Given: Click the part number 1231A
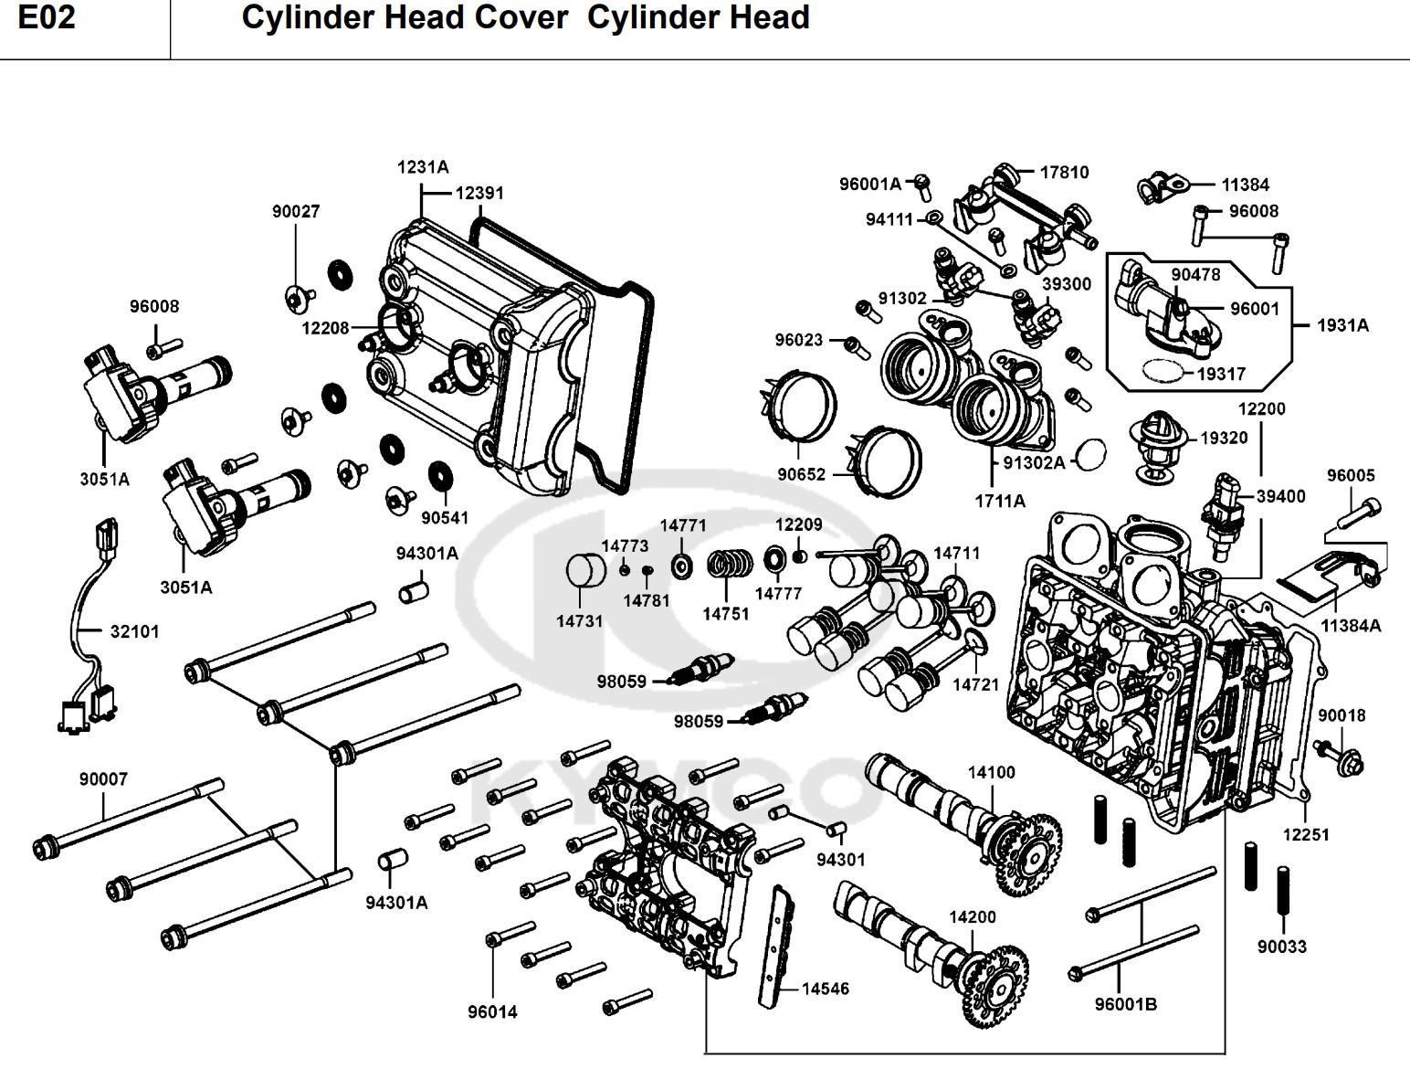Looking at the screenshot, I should (423, 167).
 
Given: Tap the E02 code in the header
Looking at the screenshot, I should (47, 18).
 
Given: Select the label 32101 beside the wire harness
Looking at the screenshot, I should (134, 631).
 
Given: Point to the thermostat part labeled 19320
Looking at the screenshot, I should (1153, 448).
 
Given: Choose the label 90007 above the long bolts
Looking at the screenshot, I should (103, 779).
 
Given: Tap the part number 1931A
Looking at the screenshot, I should (1342, 325).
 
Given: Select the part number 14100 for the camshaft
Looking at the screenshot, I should (991, 773).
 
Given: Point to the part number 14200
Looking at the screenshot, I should (973, 916).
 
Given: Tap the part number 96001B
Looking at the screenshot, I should (1126, 1004).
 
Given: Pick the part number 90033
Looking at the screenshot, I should (1281, 947).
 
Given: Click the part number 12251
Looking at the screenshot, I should (1306, 834).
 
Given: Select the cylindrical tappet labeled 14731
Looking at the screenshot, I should (586, 571).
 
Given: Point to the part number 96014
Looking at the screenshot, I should (492, 1011).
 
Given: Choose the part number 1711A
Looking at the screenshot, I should (1000, 501).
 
